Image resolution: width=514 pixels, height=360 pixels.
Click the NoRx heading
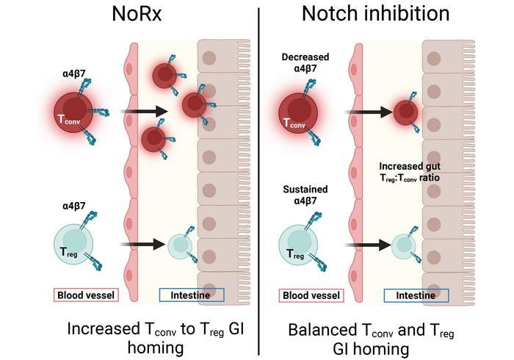pyautogui.click(x=137, y=14)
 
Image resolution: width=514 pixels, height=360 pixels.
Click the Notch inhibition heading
pyautogui.click(x=375, y=14)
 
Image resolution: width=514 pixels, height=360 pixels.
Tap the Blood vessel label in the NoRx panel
pyautogui.click(x=86, y=295)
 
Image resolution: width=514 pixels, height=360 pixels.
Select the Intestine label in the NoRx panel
pyautogui.click(x=192, y=295)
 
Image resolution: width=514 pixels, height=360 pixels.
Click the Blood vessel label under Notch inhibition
pyautogui.click(x=311, y=295)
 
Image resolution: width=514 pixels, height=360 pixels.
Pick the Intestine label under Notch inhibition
pyautogui.click(x=416, y=295)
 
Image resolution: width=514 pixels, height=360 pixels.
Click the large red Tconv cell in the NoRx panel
pyautogui.click(x=73, y=112)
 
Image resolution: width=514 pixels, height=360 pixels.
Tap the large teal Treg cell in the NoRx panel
pyautogui.click(x=73, y=244)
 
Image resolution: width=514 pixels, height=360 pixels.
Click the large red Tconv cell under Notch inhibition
pyautogui.click(x=298, y=113)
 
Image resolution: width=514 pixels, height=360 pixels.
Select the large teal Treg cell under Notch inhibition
pyautogui.click(x=298, y=244)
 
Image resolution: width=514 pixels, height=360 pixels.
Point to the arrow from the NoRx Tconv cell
pyautogui.click(x=144, y=112)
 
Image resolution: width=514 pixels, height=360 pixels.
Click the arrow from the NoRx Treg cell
pyautogui.click(x=142, y=244)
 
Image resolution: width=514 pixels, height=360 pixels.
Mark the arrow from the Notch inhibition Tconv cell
pyautogui.click(x=369, y=112)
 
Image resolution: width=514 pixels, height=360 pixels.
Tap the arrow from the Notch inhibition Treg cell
pyautogui.click(x=368, y=245)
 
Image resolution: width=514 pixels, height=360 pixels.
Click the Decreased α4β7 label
pyautogui.click(x=305, y=62)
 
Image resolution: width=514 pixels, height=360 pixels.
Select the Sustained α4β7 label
pyautogui.click(x=305, y=195)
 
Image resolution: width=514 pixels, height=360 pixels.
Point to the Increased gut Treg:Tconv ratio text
pyautogui.click(x=410, y=172)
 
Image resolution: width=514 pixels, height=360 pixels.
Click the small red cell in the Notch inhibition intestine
pyautogui.click(x=405, y=113)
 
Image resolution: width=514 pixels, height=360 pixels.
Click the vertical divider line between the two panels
pyautogui.click(x=258, y=181)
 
